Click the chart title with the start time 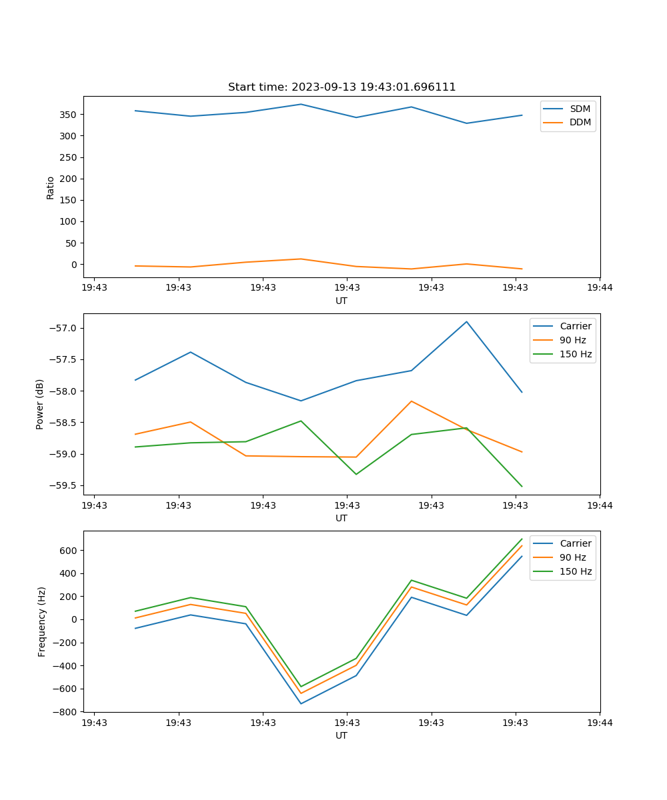(x=342, y=87)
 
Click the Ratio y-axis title (x=51, y=187)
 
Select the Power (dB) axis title (x=40, y=404)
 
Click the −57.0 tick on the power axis (x=63, y=329)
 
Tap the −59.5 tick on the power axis (x=63, y=485)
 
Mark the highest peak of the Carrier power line (x=466, y=322)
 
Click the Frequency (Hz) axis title (x=42, y=621)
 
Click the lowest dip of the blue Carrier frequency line (x=301, y=703)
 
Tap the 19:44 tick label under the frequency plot (x=600, y=723)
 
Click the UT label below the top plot (x=342, y=301)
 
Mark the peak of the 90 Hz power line (x=411, y=401)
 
